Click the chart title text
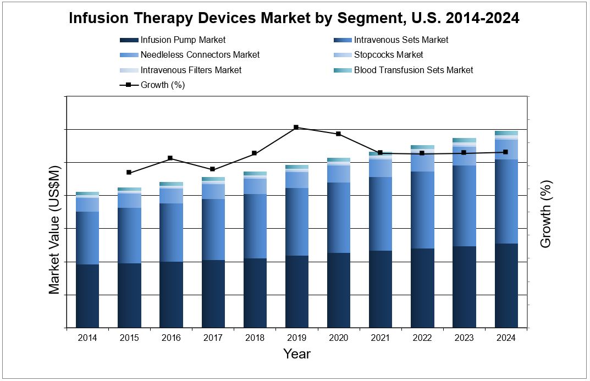point(294,18)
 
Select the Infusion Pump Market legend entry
point(183,40)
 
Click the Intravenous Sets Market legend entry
point(401,40)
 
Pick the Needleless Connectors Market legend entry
point(200,54)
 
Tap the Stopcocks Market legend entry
point(388,54)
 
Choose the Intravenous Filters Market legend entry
point(191,70)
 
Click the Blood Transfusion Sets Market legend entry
point(413,70)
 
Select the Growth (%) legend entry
point(162,85)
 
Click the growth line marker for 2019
point(296,128)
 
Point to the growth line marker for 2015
point(129,173)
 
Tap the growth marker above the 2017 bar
point(212,169)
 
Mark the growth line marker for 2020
point(338,134)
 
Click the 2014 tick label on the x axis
point(87,338)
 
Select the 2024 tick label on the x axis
point(506,338)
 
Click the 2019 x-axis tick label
point(296,338)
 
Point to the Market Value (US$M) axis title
point(54,229)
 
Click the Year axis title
point(296,354)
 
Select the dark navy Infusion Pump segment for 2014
point(87,296)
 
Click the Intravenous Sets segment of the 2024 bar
point(506,201)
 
